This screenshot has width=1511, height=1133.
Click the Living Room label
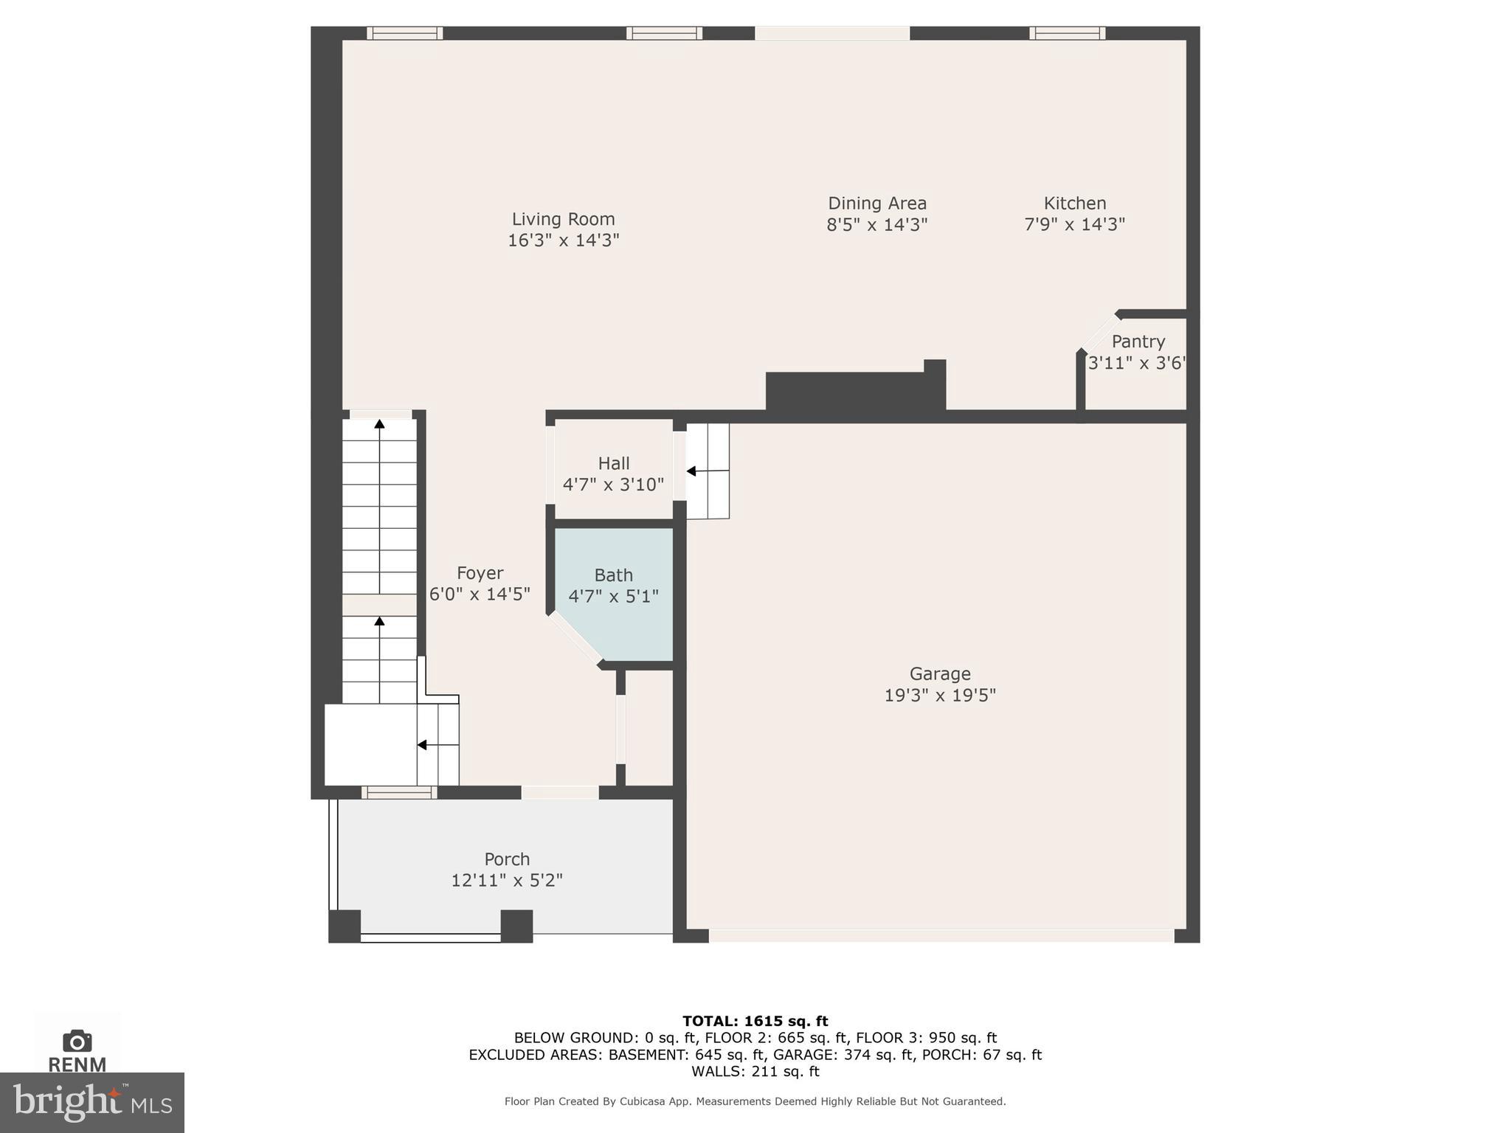coord(563,219)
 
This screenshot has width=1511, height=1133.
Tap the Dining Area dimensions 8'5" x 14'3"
coord(876,224)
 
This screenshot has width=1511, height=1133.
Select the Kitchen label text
coord(1074,203)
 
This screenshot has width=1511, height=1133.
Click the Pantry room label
coord(1138,342)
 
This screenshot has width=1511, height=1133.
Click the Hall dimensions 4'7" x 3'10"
coord(613,485)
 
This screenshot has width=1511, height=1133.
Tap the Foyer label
coord(480,573)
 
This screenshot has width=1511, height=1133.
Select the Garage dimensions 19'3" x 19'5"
coord(939,695)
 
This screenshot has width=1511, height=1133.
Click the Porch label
coord(506,859)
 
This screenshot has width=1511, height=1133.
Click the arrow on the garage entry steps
coord(692,471)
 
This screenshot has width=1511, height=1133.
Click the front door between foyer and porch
coord(560,793)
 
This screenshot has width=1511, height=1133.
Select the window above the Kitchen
coord(1067,33)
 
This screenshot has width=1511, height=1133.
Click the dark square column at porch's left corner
coord(344,926)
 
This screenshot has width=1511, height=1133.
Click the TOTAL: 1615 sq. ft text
coord(755,1021)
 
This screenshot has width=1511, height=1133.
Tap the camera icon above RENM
coord(77,1041)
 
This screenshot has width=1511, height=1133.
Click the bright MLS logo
coord(92,1103)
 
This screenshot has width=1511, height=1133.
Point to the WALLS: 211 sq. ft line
coord(755,1071)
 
